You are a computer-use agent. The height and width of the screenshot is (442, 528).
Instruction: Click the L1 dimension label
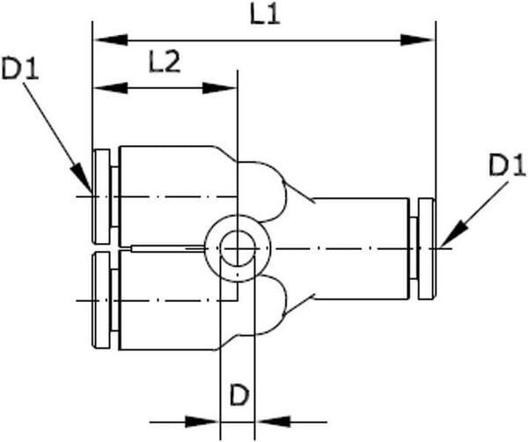265,15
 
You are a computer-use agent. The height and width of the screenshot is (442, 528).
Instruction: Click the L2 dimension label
165,63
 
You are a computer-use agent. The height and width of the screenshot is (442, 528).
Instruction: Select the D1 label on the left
20,69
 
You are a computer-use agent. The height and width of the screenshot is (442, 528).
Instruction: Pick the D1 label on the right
507,166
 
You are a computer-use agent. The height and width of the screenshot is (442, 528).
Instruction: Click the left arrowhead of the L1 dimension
111,41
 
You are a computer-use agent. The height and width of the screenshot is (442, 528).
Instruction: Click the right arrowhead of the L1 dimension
417,41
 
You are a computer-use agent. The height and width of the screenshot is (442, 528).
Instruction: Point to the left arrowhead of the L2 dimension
111,89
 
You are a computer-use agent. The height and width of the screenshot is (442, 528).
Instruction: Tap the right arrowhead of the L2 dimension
219,89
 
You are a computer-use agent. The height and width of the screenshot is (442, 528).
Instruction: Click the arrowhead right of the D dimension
273,422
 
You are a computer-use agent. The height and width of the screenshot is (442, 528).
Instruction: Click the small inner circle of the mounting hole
238,248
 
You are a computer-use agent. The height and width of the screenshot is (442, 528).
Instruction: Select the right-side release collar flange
427,249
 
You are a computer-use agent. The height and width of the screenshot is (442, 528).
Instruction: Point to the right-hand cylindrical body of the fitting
360,249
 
